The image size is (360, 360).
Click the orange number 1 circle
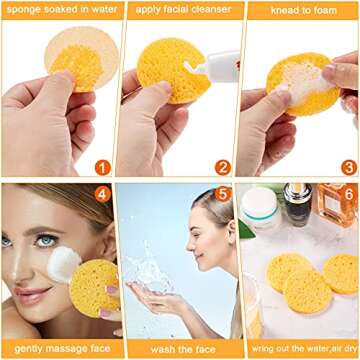pos(103,167)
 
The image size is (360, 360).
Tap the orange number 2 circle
pos(222,167)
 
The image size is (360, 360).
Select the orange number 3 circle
pos(348,167)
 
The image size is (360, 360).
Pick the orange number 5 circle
pos(223,193)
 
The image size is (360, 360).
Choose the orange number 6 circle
pos(346,192)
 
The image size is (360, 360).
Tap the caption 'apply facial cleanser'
pos(177,10)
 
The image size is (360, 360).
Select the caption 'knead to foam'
pos(299,10)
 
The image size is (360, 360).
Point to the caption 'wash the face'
pos(177,350)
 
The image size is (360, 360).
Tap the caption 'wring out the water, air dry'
pos(299,350)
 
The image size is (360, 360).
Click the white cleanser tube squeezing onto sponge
pos(218,67)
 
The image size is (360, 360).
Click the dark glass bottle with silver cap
pos(297,205)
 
